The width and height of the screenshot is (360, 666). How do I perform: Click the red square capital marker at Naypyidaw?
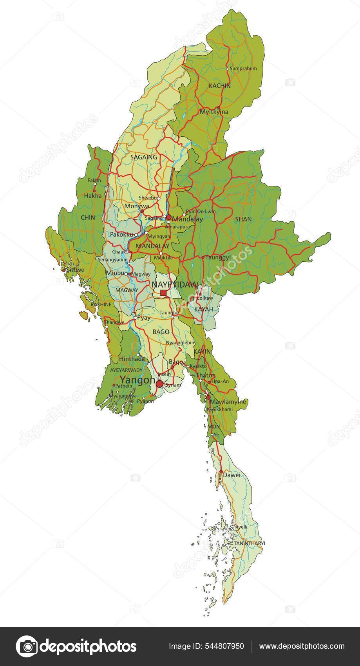163,293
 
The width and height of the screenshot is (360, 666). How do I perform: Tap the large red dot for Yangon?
159,384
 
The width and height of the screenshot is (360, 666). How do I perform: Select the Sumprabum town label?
243,69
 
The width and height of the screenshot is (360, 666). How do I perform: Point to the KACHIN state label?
220,85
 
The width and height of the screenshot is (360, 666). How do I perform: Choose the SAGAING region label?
143,157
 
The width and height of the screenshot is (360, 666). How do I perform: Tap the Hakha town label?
93,195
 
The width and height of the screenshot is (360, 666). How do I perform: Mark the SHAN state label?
243,219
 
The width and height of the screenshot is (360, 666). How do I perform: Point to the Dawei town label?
231,475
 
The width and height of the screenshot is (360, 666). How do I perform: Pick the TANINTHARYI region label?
250,543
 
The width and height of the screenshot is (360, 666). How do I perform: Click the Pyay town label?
144,318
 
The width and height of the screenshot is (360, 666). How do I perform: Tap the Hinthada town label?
132,359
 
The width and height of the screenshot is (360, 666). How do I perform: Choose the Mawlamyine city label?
228,402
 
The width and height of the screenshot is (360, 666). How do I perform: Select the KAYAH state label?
204,309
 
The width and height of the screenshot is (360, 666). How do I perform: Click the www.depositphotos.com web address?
302,646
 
